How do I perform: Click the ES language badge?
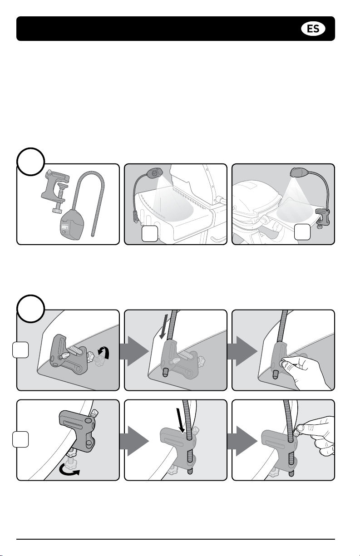pos(313,29)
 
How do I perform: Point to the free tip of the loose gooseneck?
pos(93,235)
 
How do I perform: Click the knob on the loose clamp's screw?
pos(58,211)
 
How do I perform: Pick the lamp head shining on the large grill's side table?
pos(154,172)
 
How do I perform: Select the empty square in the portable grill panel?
pos(302,232)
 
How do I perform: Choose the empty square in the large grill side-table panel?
pos(150,234)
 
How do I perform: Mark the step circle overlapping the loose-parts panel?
pos(31,162)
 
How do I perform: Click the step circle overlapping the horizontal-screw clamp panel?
pos(31,309)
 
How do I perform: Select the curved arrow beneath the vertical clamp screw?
pos(70,472)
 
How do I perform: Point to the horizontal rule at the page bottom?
pos(176,537)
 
